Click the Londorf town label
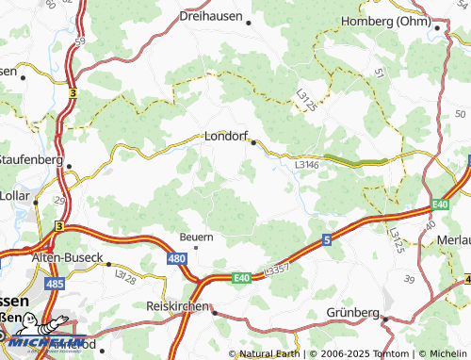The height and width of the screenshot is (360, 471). (226, 137)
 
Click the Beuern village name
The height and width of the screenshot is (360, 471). (197, 237)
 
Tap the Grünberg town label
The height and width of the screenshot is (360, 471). (352, 312)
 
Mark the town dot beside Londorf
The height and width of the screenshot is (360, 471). (253, 142)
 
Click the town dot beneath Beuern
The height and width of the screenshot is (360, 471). (196, 247)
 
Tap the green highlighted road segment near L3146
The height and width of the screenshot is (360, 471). (355, 161)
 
